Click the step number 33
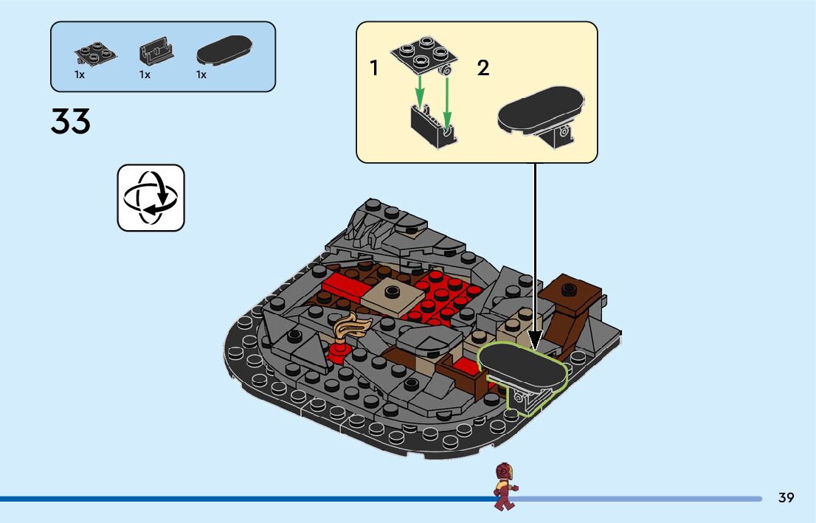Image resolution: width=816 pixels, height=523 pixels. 71,122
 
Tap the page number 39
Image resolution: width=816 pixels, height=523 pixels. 786,498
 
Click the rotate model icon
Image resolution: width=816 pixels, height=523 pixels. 151,198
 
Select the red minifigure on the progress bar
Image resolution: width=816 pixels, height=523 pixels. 505,486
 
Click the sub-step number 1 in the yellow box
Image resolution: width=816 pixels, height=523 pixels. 374,69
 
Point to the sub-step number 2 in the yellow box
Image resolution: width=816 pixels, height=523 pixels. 483,69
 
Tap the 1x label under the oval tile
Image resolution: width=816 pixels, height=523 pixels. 201,75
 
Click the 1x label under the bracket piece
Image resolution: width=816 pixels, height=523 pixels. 145,75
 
